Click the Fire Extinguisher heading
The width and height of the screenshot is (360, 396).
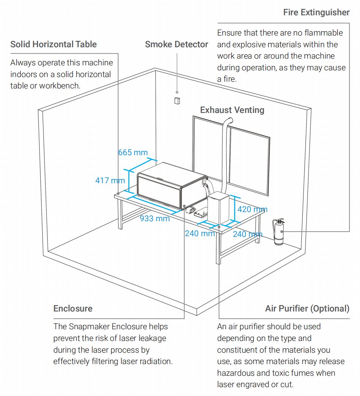(316, 12)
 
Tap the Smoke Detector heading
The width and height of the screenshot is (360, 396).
(176, 44)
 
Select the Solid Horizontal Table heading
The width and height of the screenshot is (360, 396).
(53, 44)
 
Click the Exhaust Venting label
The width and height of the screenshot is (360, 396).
(232, 110)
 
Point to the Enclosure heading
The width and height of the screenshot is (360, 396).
(73, 308)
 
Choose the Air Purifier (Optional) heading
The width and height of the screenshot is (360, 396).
(307, 308)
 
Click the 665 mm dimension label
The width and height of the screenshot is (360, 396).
(133, 152)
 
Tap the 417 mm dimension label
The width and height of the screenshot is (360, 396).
(110, 180)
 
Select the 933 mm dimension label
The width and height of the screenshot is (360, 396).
(155, 218)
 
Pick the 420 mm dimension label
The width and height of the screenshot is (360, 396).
(252, 209)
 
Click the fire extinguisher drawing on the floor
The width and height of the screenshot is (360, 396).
(279, 232)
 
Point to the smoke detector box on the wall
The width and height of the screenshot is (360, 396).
(177, 101)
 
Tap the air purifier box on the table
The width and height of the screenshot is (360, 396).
(218, 209)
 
